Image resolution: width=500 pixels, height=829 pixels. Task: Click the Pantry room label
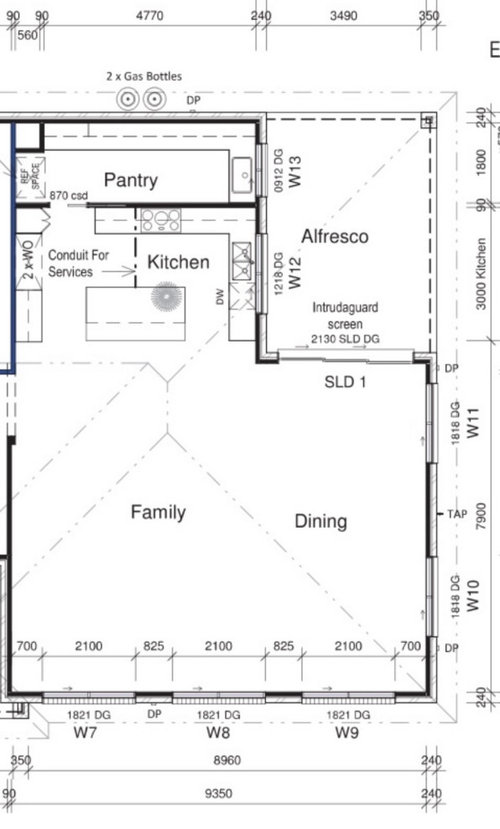[131, 180]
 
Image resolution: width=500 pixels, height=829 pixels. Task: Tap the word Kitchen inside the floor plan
[178, 262]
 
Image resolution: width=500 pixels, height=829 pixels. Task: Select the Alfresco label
[335, 236]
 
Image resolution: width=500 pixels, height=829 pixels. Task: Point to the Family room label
[158, 512]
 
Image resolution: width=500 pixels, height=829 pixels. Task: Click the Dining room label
[321, 521]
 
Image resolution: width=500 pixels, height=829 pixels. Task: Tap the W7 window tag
[85, 732]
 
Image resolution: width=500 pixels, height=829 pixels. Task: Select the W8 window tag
[218, 732]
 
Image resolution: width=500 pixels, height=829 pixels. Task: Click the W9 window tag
[347, 732]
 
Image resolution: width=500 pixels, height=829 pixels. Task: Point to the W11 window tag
[473, 422]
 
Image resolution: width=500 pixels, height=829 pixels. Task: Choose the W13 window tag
[294, 171]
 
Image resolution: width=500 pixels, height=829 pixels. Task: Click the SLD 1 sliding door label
[345, 382]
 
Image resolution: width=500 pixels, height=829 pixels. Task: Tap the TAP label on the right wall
[457, 513]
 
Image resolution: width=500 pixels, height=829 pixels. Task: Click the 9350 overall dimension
[218, 793]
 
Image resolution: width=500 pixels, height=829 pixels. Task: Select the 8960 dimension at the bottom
[227, 760]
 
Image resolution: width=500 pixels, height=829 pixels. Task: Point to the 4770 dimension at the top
[150, 15]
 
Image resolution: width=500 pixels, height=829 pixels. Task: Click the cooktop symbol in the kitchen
[161, 220]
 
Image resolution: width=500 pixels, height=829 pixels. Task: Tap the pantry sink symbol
[243, 175]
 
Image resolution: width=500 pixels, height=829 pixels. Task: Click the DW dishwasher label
[220, 296]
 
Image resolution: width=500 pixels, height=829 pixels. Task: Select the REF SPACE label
[30, 173]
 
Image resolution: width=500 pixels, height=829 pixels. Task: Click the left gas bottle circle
[128, 99]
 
